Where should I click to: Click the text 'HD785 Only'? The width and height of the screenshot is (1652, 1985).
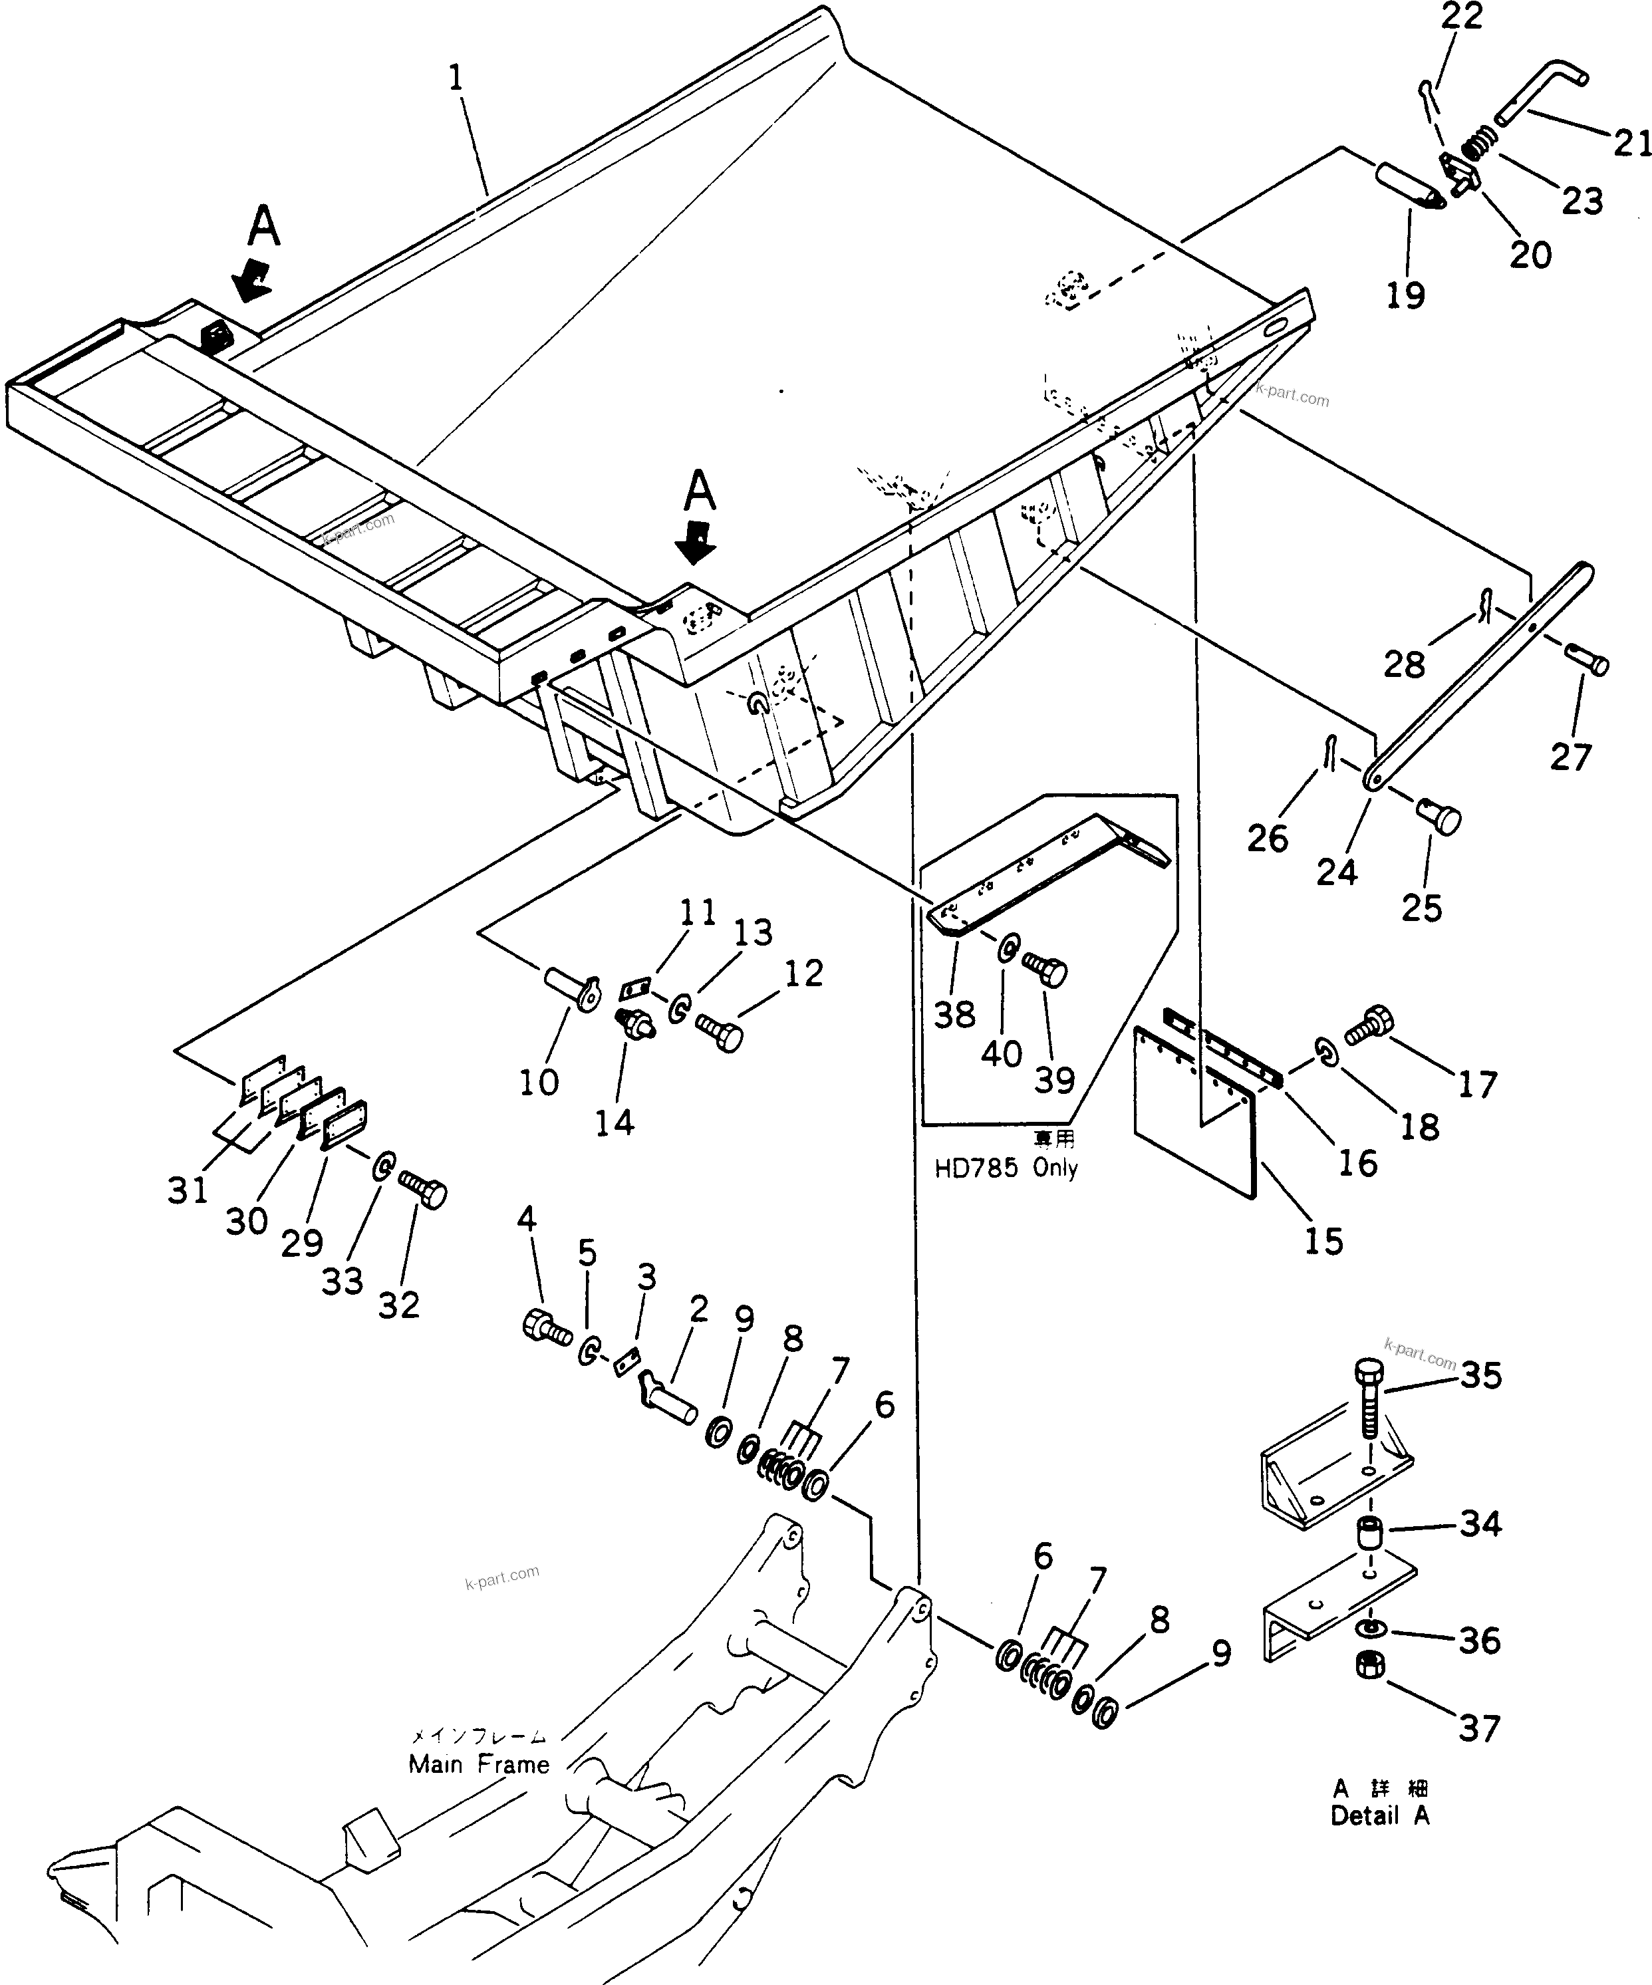(1006, 1168)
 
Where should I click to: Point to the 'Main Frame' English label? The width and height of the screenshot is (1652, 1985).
(478, 1765)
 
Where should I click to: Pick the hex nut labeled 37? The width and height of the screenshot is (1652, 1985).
(1369, 1691)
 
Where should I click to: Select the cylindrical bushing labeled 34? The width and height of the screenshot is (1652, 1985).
(1371, 1533)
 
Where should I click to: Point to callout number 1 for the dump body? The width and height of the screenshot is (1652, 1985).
(456, 78)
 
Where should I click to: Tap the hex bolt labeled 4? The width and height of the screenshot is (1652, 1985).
(545, 1327)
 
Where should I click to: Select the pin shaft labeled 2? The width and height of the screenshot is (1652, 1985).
(671, 1395)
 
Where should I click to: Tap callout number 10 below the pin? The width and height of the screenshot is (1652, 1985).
(538, 1083)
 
